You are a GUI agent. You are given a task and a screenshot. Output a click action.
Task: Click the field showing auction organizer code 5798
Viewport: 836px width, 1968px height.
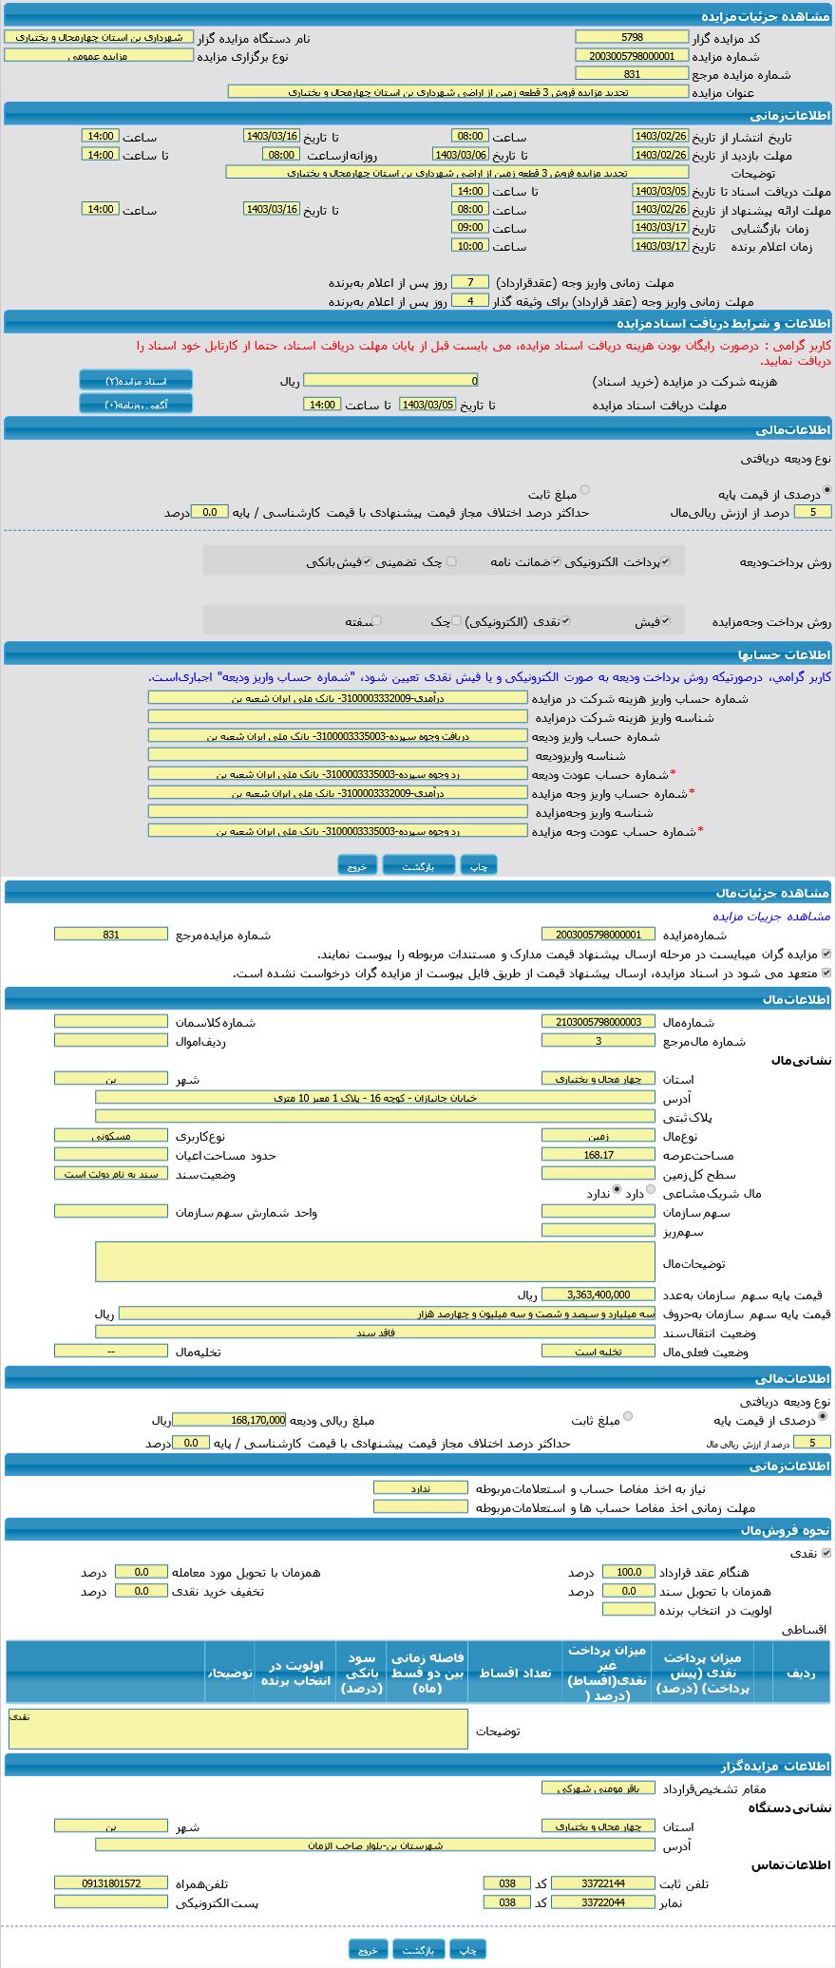[631, 37]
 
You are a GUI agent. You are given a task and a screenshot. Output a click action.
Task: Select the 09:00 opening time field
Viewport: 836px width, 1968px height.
[469, 227]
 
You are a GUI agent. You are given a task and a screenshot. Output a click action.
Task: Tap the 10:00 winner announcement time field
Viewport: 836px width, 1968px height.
[469, 245]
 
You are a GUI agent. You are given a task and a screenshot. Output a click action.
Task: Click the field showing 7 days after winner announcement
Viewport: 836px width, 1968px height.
[469, 282]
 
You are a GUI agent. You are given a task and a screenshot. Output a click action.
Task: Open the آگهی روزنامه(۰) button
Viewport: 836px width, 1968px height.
[135, 405]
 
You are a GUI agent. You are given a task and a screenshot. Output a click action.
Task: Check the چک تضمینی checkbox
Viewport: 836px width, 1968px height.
[452, 561]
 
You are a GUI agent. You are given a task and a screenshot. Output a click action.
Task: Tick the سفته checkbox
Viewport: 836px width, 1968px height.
[377, 621]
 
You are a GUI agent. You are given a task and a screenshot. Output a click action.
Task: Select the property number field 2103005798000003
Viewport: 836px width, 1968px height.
[598, 1021]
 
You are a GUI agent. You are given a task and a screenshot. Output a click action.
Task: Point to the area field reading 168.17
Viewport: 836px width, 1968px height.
[598, 1155]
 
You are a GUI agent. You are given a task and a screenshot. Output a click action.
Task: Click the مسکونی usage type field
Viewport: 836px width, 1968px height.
[110, 1135]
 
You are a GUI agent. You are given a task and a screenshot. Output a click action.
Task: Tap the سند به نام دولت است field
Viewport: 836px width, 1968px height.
[110, 1173]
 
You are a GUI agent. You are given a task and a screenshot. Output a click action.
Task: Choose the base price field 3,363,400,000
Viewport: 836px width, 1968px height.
[598, 1294]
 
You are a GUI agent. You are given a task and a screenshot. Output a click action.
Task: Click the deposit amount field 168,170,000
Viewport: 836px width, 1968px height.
[229, 1420]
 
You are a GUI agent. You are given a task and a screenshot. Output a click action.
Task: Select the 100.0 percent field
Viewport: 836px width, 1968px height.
[628, 1572]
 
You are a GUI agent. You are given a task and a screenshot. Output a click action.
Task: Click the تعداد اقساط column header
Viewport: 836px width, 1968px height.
[515, 1673]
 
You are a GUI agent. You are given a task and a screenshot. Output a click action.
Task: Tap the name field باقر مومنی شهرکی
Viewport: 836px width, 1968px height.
[598, 1788]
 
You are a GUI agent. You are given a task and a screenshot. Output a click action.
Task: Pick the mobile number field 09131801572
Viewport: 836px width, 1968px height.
[110, 1883]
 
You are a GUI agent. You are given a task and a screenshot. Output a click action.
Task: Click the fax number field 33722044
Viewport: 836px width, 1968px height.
[603, 1902]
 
